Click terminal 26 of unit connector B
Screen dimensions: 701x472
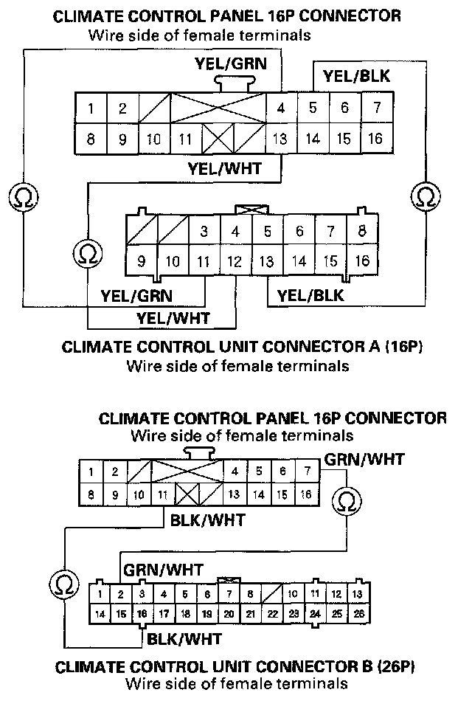pos(358,613)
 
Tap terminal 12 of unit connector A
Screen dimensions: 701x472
pos(235,260)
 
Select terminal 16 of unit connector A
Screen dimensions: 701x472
pos(362,260)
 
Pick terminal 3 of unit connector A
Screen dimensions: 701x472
pos(204,231)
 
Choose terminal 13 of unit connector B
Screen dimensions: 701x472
pos(358,594)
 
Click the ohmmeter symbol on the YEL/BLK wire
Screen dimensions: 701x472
pos(424,197)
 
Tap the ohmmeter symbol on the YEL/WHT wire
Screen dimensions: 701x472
pos(87,253)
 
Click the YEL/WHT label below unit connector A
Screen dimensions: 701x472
pos(173,318)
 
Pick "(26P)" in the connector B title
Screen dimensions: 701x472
pos(396,669)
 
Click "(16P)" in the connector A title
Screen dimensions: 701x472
pos(403,347)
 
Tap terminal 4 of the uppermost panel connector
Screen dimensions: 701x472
pos(281,108)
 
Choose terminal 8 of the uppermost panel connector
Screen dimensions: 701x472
pos(90,138)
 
